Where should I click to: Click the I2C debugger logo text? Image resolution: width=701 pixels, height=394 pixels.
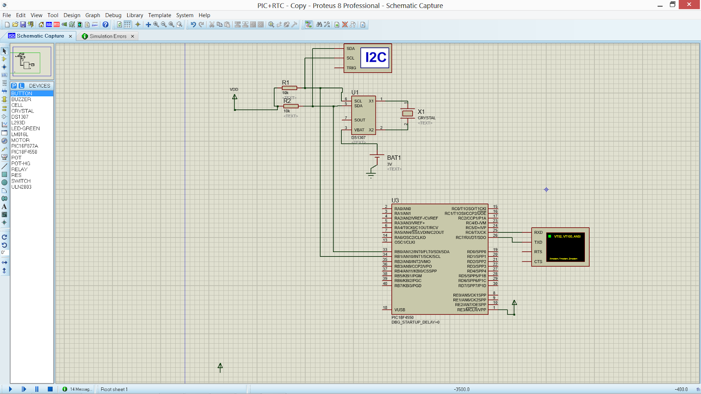(375, 57)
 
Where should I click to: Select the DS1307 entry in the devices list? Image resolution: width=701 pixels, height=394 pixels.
(20, 117)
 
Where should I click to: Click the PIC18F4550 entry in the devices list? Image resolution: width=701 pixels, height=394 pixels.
(24, 152)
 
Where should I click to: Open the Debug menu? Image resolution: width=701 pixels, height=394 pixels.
(113, 15)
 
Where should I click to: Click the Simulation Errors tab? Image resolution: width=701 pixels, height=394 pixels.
(108, 36)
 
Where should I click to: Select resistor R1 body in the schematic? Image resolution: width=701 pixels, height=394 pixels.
(290, 88)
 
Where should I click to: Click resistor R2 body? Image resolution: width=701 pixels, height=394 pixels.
(291, 106)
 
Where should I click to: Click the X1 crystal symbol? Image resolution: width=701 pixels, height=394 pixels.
(407, 113)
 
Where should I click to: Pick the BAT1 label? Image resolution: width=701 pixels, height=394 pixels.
(393, 158)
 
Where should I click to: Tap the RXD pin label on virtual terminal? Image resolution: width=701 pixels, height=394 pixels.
(538, 232)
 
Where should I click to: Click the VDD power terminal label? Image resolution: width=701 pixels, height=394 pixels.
(234, 89)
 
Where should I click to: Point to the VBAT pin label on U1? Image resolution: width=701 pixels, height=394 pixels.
(359, 130)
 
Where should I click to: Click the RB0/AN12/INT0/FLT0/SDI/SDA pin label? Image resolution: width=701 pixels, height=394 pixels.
(421, 252)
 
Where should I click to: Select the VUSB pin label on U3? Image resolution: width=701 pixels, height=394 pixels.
(400, 310)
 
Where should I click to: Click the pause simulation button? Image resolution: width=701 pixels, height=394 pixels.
(37, 389)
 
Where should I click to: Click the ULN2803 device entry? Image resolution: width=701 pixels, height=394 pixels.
(21, 187)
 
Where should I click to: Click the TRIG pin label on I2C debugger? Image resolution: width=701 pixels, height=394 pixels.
(351, 68)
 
